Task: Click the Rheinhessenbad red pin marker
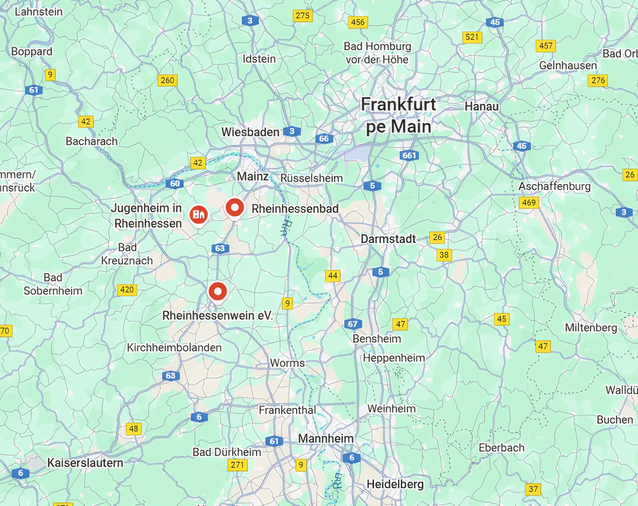click(x=235, y=207)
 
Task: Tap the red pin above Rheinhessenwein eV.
click(x=218, y=292)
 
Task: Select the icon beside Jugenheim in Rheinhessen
click(x=199, y=214)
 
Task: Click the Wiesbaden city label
click(x=250, y=132)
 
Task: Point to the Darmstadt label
click(x=388, y=239)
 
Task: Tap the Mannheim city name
click(x=326, y=438)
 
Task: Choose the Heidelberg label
click(x=395, y=484)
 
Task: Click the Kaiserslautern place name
click(x=85, y=463)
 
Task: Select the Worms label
click(x=287, y=363)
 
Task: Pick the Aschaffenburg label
click(x=554, y=187)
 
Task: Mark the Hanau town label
click(x=482, y=106)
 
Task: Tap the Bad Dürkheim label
click(x=227, y=452)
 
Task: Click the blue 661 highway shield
click(x=410, y=156)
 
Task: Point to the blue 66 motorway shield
click(x=324, y=139)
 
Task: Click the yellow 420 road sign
click(x=127, y=290)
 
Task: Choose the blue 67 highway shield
click(x=353, y=324)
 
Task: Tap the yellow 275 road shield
click(x=303, y=16)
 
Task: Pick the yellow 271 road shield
click(x=237, y=465)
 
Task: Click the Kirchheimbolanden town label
click(x=174, y=348)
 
